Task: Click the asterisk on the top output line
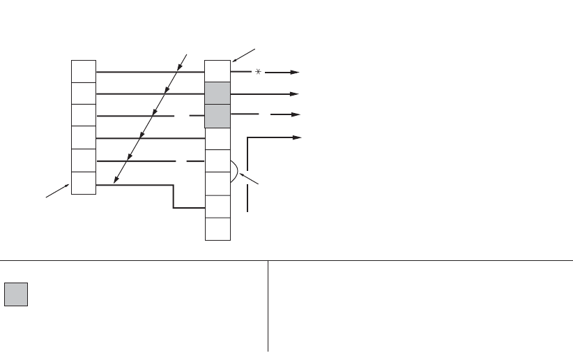point(257,72)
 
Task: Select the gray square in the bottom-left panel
point(15,295)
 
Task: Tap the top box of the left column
point(83,71)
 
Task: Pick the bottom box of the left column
point(83,183)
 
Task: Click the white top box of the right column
point(217,70)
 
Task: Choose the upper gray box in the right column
point(217,93)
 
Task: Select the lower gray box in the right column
point(217,116)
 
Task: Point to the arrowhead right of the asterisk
point(296,72)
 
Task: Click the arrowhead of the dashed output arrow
point(296,116)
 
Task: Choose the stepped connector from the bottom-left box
point(174,197)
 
